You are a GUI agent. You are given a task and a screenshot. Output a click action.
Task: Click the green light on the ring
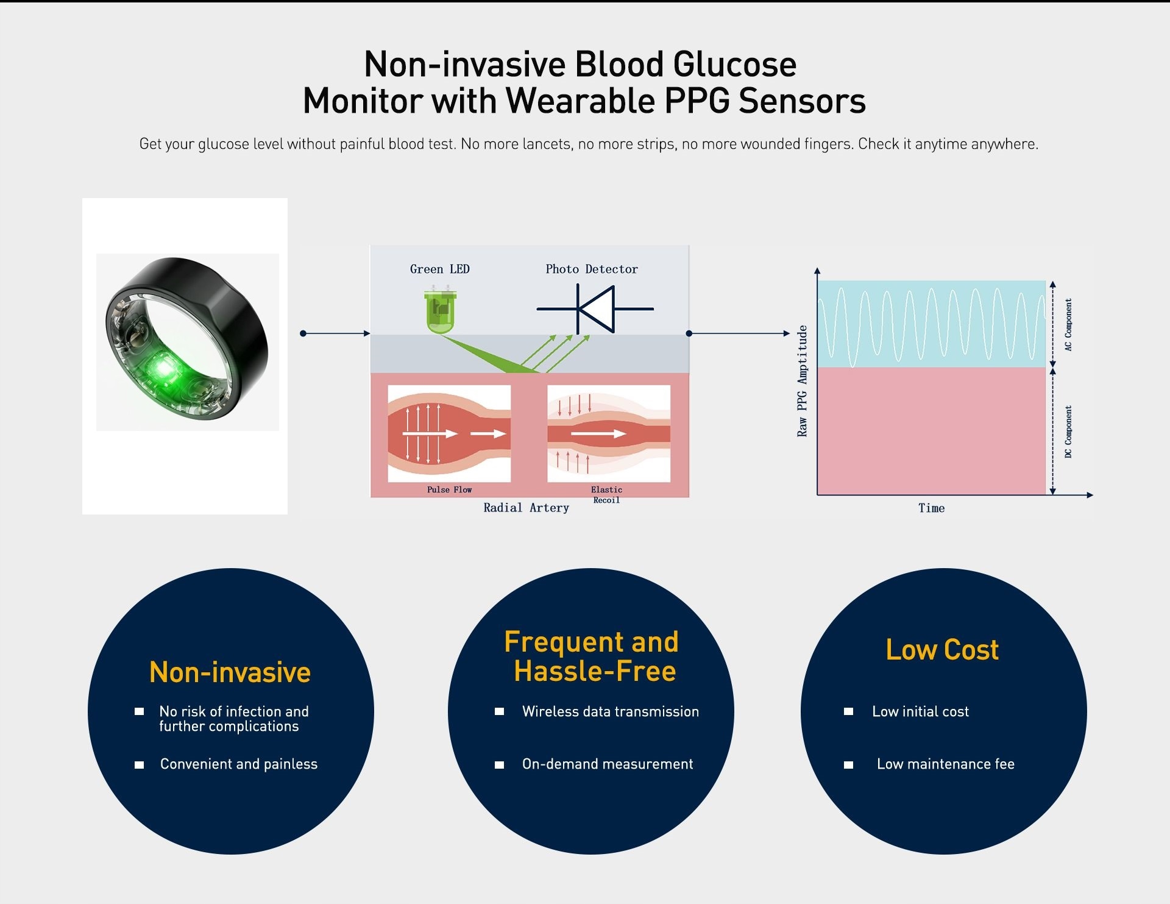click(163, 368)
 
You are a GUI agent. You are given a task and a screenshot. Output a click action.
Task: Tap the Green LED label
click(439, 269)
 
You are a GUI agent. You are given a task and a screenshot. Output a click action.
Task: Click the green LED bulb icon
click(441, 311)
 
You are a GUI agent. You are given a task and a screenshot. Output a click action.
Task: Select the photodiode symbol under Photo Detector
click(595, 309)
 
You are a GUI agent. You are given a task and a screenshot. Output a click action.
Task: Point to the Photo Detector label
click(591, 269)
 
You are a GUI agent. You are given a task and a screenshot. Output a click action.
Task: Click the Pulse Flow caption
click(449, 489)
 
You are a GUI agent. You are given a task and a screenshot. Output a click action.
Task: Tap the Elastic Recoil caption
click(606, 494)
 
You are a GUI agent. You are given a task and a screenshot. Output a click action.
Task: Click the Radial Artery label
click(526, 508)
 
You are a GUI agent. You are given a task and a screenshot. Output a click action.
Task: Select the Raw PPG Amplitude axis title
click(802, 381)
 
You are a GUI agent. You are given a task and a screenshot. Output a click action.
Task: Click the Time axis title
click(931, 508)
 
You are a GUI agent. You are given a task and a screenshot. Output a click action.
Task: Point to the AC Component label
click(1068, 324)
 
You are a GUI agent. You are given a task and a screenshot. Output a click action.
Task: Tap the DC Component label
click(1068, 432)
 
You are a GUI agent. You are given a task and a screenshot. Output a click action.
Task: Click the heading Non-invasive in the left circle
click(230, 672)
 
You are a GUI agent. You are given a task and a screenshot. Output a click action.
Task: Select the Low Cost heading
click(942, 650)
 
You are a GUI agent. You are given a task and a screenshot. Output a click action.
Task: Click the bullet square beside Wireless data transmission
click(499, 711)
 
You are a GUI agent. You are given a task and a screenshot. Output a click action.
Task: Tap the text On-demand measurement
click(607, 764)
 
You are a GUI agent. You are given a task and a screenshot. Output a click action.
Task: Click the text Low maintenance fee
click(945, 764)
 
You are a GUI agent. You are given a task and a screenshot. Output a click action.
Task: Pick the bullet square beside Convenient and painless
click(139, 764)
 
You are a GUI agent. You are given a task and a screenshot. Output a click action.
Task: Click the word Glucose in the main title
click(734, 65)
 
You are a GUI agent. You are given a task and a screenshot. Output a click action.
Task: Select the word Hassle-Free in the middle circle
click(595, 671)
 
